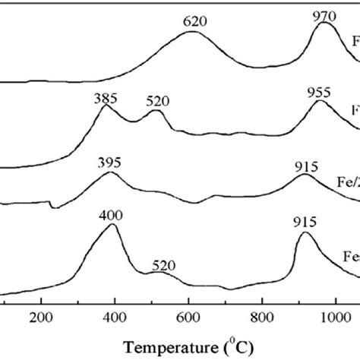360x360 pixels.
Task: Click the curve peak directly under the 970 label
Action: pyautogui.click(x=326, y=24)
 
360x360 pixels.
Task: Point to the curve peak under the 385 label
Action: pyautogui.click(x=105, y=107)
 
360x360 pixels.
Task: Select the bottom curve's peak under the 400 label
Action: pyautogui.click(x=112, y=224)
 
